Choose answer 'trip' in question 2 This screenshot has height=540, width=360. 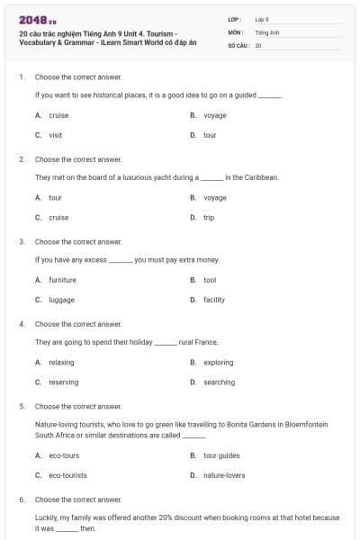point(209,218)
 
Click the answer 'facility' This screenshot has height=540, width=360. point(214,300)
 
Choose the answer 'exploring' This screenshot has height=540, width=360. point(218,363)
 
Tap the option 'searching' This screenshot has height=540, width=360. point(219,382)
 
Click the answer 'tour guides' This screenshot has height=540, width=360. point(221,455)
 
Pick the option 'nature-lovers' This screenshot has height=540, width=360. point(224,474)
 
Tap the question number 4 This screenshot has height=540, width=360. point(21,324)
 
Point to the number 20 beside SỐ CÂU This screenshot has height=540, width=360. point(258,44)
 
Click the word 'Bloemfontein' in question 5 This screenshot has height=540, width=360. point(308,424)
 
